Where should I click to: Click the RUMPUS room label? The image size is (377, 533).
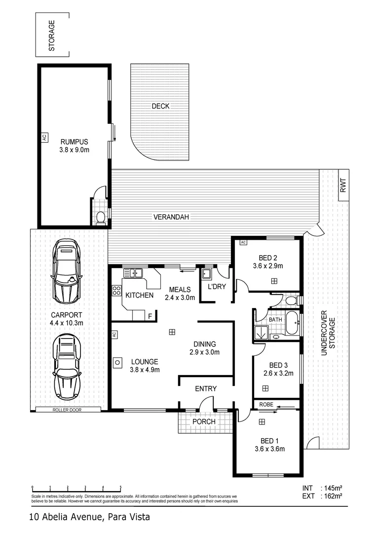click(x=74, y=140)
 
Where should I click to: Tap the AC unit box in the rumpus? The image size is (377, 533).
click(x=43, y=138)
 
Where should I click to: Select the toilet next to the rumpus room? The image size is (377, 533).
click(x=101, y=217)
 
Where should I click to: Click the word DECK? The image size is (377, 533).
click(x=160, y=106)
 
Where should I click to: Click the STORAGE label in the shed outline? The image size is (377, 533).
click(x=51, y=36)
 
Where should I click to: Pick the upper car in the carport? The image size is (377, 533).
click(x=67, y=271)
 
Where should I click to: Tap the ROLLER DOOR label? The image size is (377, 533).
click(x=67, y=410)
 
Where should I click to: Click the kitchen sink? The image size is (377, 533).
click(x=133, y=272)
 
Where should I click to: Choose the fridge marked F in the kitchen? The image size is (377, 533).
click(x=150, y=316)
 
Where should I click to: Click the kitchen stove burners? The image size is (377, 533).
click(x=116, y=290)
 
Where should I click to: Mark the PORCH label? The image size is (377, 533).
click(x=204, y=421)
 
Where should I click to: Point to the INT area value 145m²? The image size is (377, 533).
click(x=335, y=488)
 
